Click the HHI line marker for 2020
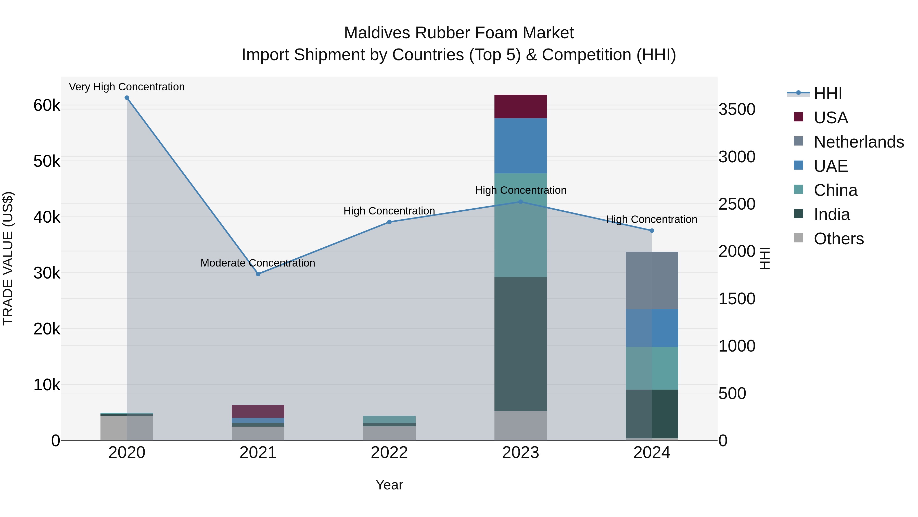(127, 98)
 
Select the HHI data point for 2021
(258, 274)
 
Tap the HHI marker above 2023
(520, 202)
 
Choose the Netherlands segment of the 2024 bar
(652, 280)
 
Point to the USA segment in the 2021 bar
(258, 411)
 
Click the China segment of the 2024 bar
(652, 368)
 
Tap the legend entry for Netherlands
(858, 142)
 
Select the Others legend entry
(838, 239)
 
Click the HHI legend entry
(827, 93)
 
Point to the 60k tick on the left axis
(47, 106)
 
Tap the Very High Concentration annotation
(127, 87)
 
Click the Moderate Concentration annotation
(258, 263)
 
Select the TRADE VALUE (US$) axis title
(8, 258)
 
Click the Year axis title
(389, 485)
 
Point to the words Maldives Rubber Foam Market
(459, 33)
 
